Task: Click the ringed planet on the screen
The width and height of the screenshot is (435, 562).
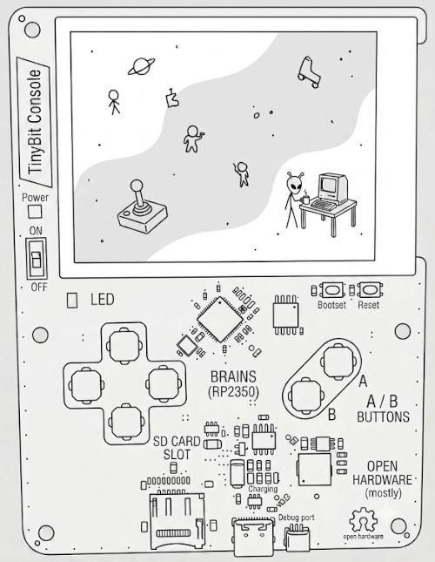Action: [x=142, y=66]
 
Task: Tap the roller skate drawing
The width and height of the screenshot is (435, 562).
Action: [x=308, y=72]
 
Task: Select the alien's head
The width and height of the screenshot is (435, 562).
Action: [x=294, y=184]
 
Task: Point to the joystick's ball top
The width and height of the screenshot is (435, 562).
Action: [x=137, y=186]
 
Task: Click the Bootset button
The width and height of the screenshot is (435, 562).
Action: [x=331, y=289]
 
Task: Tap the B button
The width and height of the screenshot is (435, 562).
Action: [x=306, y=396]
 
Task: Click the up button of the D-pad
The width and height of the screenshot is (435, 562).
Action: [x=124, y=346]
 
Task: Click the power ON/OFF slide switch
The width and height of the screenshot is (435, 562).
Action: [x=37, y=258]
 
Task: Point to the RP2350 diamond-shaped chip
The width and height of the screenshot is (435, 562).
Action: [x=220, y=319]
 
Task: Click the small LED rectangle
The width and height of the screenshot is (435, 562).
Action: [x=72, y=300]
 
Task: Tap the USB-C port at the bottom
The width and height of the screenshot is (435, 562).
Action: [x=253, y=534]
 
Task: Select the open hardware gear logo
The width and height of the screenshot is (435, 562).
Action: [x=363, y=520]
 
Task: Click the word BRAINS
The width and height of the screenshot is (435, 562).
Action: [x=233, y=376]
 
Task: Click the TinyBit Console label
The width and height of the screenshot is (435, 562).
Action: [x=36, y=122]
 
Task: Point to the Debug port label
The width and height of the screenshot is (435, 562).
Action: [x=297, y=518]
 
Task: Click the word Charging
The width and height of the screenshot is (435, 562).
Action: [x=263, y=490]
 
